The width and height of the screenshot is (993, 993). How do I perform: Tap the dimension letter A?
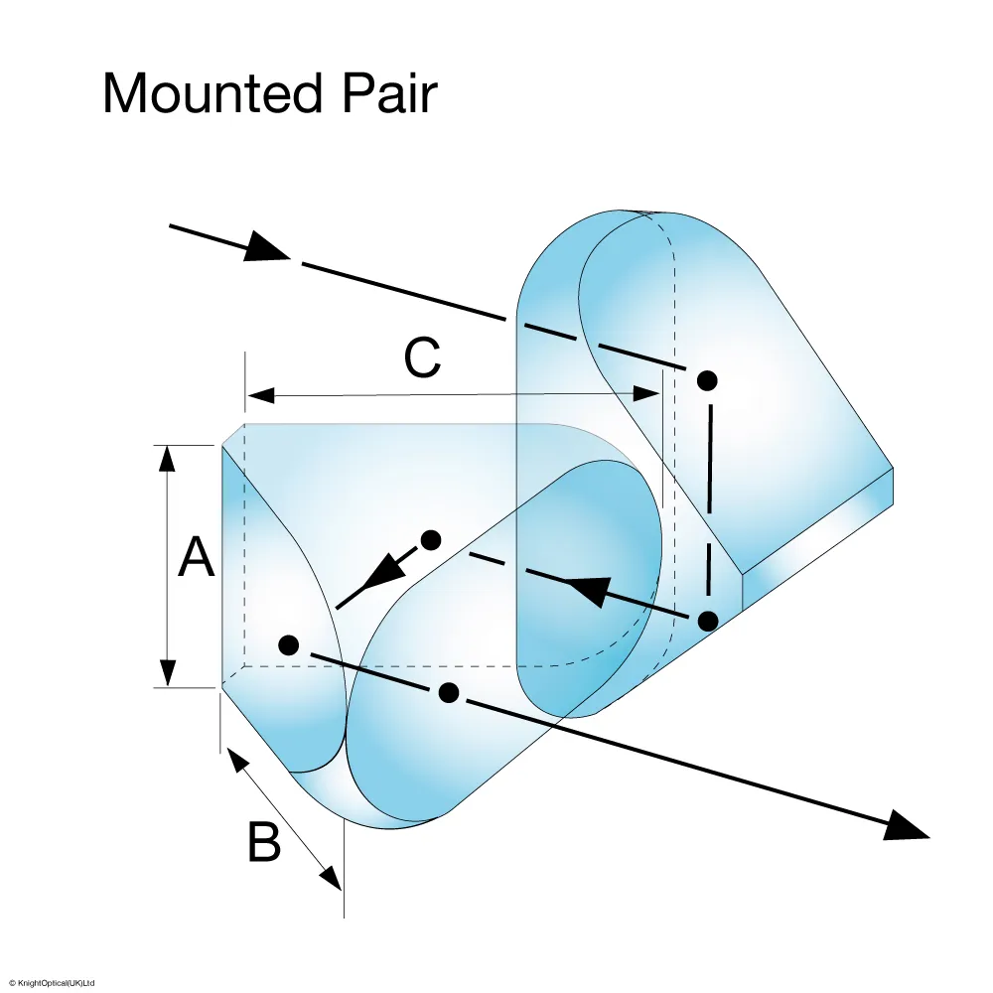click(196, 558)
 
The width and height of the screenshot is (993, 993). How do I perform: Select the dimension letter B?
click(263, 844)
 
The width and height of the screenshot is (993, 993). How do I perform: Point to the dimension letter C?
click(422, 358)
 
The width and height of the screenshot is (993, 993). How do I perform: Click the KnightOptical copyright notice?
click(50, 983)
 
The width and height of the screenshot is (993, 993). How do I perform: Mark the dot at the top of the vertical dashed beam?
click(707, 379)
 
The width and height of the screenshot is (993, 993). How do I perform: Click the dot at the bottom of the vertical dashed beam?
click(707, 621)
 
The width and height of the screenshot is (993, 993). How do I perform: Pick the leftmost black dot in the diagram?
click(289, 644)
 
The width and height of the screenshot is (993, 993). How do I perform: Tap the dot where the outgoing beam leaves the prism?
click(449, 690)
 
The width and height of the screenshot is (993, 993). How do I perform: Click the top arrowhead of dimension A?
click(168, 458)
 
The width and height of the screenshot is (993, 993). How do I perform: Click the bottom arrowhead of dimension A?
click(168, 674)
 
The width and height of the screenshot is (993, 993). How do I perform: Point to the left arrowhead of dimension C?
click(259, 395)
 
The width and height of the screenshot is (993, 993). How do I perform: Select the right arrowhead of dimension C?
click(649, 395)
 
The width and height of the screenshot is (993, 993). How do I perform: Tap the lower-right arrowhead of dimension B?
click(332, 877)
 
